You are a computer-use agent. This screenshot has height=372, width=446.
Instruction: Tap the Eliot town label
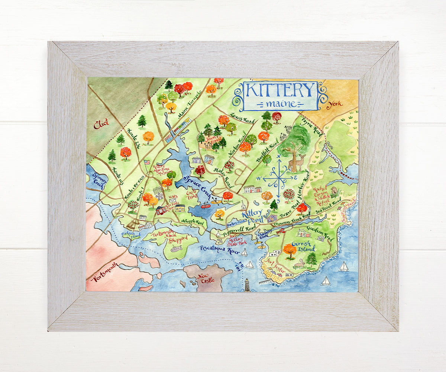[x=101, y=124]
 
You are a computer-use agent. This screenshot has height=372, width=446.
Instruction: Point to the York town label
[x=334, y=104]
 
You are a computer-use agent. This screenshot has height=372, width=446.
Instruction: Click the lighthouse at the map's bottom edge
[x=246, y=285]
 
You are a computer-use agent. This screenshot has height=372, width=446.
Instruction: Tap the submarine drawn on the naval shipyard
[x=176, y=250]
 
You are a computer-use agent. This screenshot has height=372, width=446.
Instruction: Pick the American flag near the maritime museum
[x=146, y=162]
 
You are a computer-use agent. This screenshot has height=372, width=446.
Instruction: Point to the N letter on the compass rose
[x=278, y=157]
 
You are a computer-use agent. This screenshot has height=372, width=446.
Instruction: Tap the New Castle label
[x=207, y=279]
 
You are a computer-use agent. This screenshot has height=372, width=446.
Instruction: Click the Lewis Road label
[x=242, y=118]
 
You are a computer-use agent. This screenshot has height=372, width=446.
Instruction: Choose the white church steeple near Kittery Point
[x=243, y=205]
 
